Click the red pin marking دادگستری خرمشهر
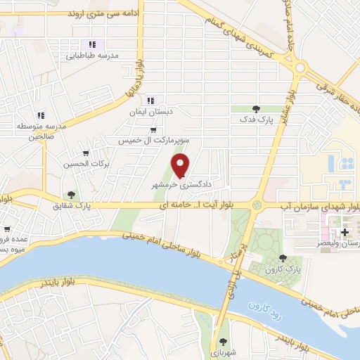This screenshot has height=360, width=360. pos(181,165)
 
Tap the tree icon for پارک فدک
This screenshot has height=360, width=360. pos(255,109)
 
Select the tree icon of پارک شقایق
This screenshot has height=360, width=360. pos(70,195)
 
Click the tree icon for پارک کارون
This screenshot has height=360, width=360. pos(283,259)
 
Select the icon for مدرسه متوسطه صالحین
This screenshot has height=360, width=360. pos(41,115)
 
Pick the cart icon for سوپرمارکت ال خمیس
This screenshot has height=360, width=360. pos(153,130)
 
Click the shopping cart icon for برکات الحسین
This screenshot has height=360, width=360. pos(86,153)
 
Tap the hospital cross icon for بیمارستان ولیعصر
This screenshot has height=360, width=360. pos(345,232)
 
